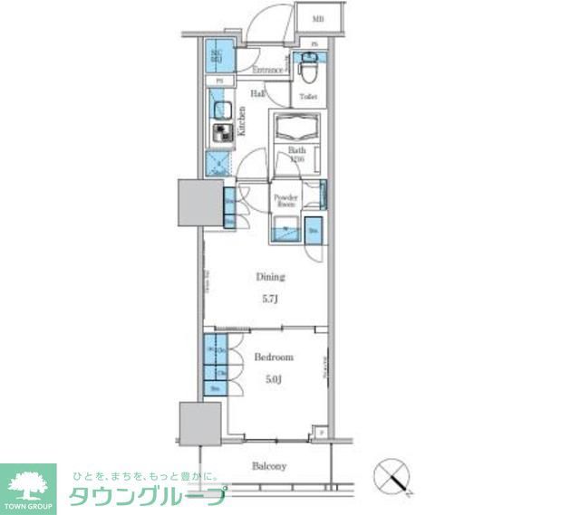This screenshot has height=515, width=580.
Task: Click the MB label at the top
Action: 318,19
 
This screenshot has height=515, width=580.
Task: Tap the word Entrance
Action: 267,70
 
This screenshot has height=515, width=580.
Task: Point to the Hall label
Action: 257,92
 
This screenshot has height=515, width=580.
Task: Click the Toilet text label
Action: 308,96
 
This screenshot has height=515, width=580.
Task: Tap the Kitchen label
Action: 242,121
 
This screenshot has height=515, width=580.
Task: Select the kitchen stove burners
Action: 222,134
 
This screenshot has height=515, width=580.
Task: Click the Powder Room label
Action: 285,200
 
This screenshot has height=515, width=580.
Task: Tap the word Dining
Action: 270,277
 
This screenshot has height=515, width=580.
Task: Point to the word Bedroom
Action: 273,358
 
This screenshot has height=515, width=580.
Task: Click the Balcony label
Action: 269,466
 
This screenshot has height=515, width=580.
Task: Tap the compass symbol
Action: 393,474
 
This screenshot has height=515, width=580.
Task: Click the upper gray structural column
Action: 198,204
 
